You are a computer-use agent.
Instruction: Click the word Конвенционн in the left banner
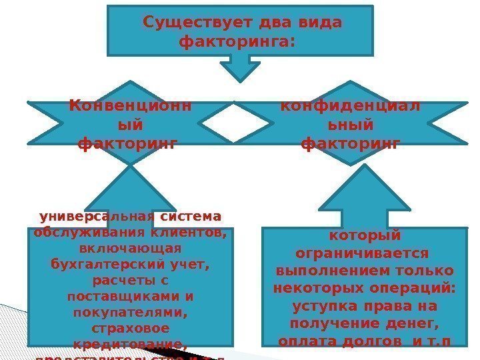point(130,106)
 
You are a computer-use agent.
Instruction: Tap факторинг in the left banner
point(128,143)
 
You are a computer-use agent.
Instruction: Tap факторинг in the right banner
point(351,143)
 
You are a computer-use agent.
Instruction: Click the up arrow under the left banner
point(131,193)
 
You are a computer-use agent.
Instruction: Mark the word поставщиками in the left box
point(119,297)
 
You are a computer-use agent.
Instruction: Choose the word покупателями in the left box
point(129,313)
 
